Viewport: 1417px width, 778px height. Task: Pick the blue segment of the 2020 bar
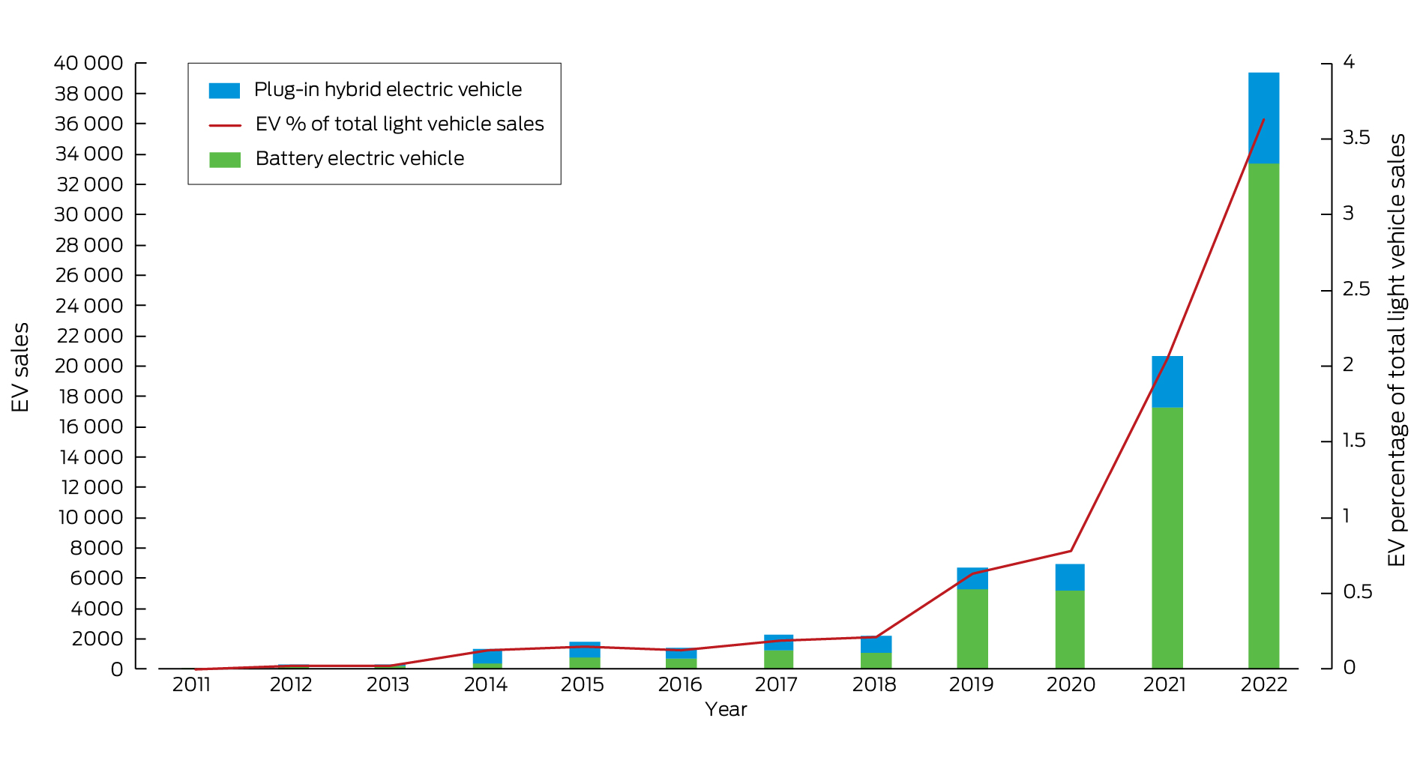coord(1069,577)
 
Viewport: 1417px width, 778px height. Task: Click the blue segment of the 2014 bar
coord(487,657)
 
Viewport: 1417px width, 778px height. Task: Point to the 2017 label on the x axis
coord(776,684)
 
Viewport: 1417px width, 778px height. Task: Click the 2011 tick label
coord(191,684)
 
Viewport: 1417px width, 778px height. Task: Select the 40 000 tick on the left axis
coord(88,63)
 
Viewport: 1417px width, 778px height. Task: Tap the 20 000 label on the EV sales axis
coord(88,366)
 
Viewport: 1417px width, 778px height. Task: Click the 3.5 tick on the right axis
coord(1356,138)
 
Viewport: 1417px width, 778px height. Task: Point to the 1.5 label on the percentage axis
coord(1354,441)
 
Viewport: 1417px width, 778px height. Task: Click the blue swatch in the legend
coord(224,91)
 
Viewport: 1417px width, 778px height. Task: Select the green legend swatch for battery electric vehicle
coord(224,160)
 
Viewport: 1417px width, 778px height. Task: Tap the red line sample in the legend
coord(224,125)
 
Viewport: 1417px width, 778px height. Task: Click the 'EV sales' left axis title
coord(20,367)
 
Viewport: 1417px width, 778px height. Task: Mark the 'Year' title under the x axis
coord(726,710)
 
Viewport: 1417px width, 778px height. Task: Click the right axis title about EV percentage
coord(1397,350)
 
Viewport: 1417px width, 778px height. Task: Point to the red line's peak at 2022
coord(1264,119)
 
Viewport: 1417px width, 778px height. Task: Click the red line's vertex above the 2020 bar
coord(1071,551)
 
